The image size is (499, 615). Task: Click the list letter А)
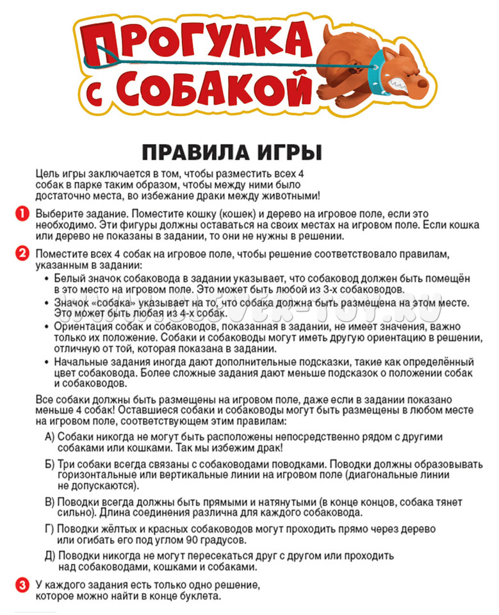coord(49,436)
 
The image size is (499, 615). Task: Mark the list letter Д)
coord(49,557)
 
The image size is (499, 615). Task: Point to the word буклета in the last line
coord(200,596)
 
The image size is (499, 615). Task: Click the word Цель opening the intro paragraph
coord(47,174)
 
